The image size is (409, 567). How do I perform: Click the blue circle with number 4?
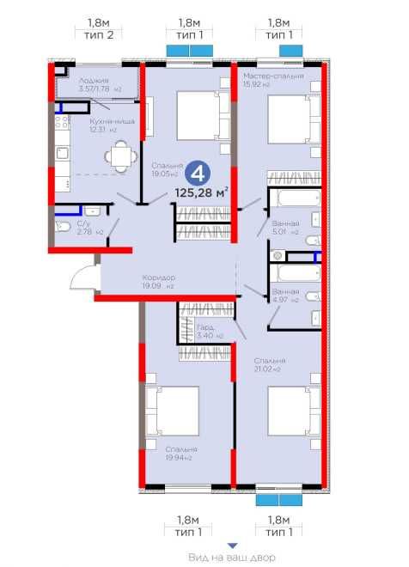198,173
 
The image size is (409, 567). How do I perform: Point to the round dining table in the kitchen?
119,156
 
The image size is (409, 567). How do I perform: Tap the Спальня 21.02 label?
269,364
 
